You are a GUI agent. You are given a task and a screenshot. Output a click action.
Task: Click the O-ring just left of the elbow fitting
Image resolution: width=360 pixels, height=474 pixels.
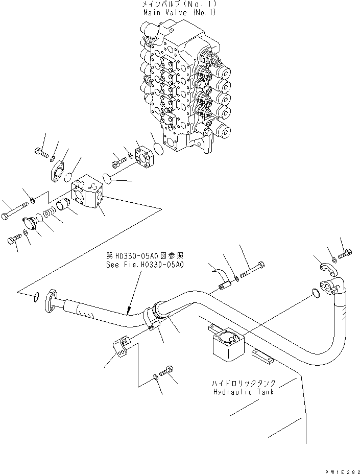(x=315, y=293)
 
